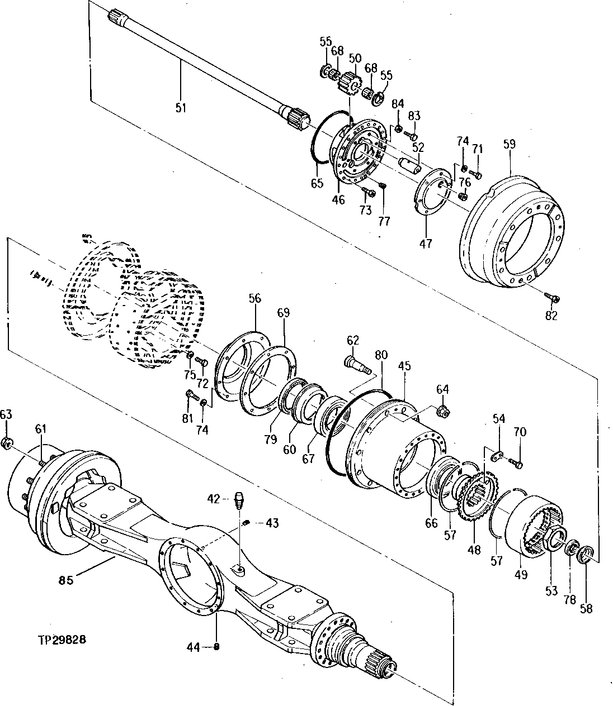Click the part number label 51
point(181,108)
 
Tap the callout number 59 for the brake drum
point(510,144)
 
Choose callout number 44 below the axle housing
point(194,647)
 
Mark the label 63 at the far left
point(6,414)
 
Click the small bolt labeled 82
point(554,298)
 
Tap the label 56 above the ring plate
point(255,299)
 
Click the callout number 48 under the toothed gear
point(474,549)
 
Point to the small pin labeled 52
point(412,165)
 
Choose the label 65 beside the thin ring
point(317,183)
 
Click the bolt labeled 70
point(518,462)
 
